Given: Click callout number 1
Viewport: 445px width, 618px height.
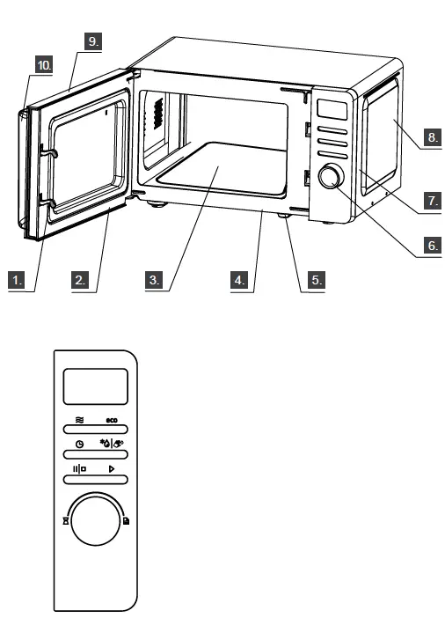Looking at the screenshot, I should click(x=17, y=281).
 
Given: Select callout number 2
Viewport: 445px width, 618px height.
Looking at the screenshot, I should click(x=80, y=281).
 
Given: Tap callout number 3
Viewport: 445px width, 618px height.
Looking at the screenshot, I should click(x=154, y=281).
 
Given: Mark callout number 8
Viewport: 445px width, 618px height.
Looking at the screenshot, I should click(x=432, y=138).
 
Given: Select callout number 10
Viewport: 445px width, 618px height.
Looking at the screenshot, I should click(x=44, y=64).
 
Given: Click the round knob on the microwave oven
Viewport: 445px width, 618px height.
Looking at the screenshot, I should click(x=331, y=177).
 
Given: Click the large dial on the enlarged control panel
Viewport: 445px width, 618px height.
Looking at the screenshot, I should click(x=97, y=523).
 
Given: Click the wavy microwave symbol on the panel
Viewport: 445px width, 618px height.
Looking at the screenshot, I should click(x=80, y=422).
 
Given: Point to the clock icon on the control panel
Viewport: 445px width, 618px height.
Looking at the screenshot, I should click(x=80, y=446).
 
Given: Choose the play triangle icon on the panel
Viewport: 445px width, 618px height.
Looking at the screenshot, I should click(x=113, y=471).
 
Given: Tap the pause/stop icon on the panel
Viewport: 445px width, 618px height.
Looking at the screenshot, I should click(x=79, y=471).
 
